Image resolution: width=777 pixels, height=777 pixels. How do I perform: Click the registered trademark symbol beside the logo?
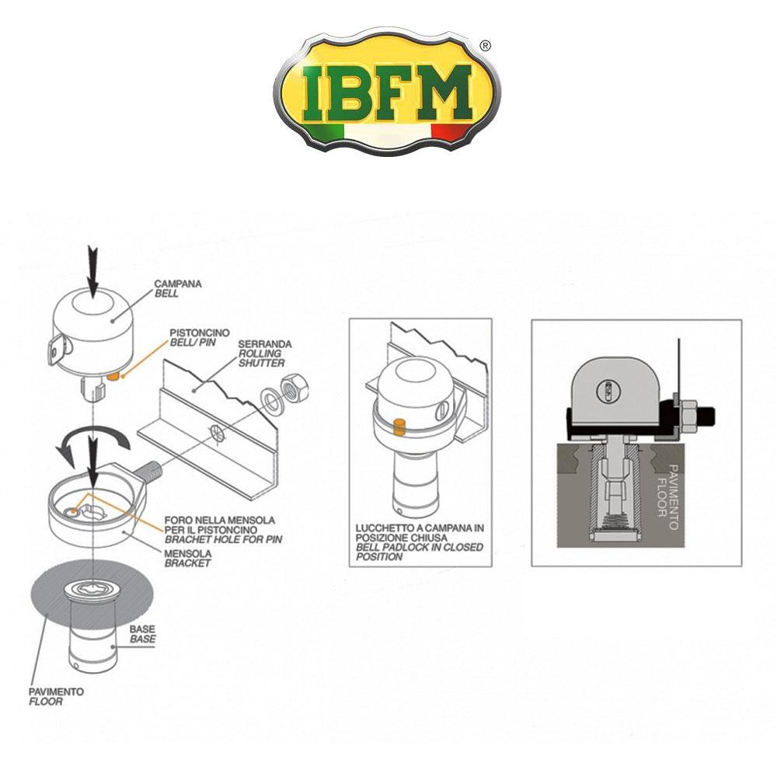click(x=486, y=47)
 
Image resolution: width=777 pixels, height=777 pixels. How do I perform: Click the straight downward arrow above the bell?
click(x=93, y=272)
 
